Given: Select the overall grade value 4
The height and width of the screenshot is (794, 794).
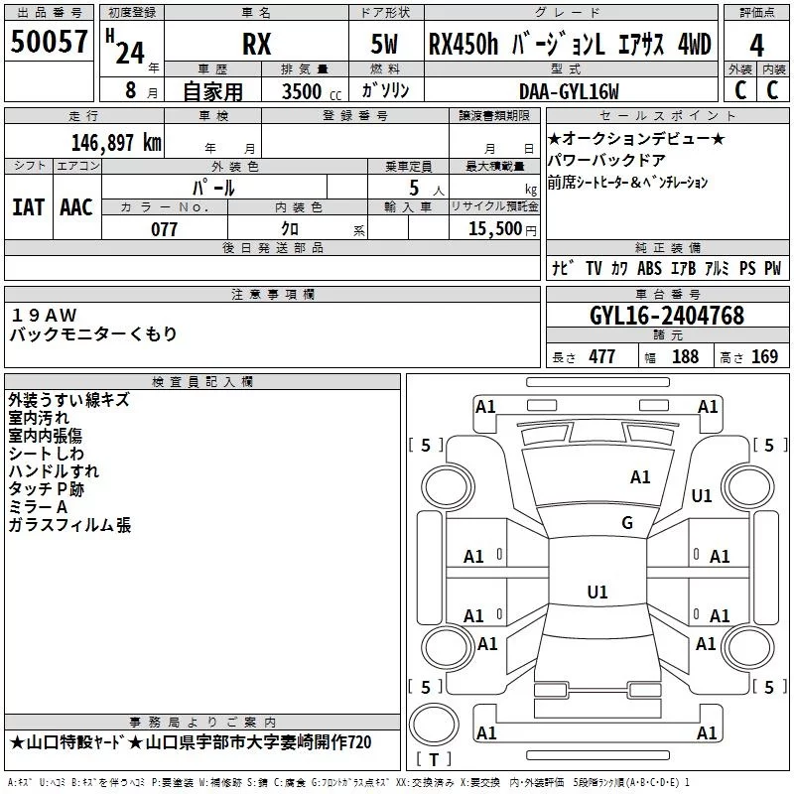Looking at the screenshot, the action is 756,47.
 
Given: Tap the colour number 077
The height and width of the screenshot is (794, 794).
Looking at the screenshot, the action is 164,229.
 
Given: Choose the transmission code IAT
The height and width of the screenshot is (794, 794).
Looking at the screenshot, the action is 28,206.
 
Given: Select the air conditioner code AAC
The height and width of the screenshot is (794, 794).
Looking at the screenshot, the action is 76,206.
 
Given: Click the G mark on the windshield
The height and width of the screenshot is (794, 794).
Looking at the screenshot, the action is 627,523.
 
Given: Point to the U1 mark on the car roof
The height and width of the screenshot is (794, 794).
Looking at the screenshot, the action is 596,593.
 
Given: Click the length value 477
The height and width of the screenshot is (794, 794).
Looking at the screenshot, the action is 602,356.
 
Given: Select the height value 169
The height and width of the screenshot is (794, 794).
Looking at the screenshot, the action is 764,356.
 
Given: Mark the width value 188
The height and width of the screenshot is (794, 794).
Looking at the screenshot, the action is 685,356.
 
